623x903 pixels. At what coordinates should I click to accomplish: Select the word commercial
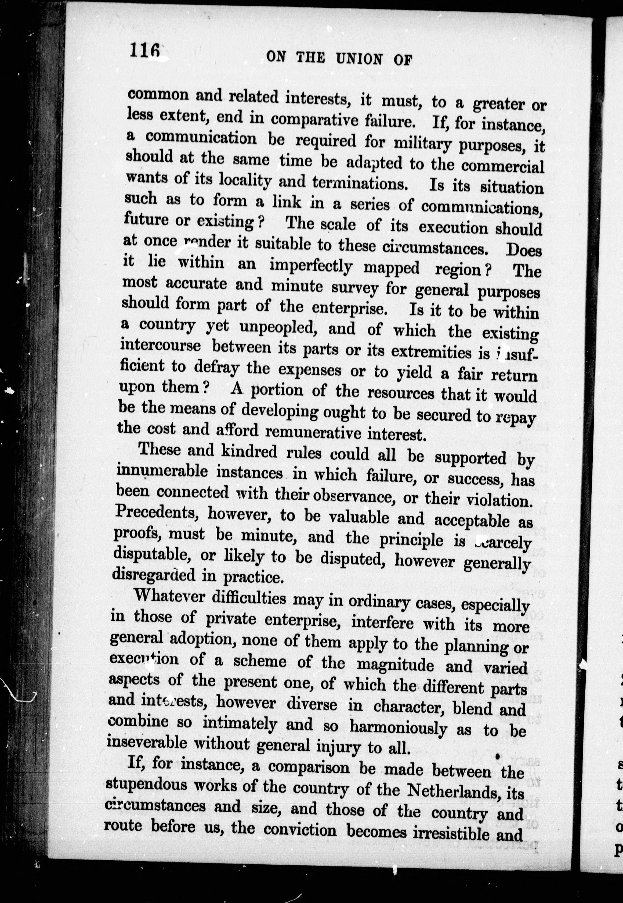point(502,166)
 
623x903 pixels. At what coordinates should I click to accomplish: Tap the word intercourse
point(161,346)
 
